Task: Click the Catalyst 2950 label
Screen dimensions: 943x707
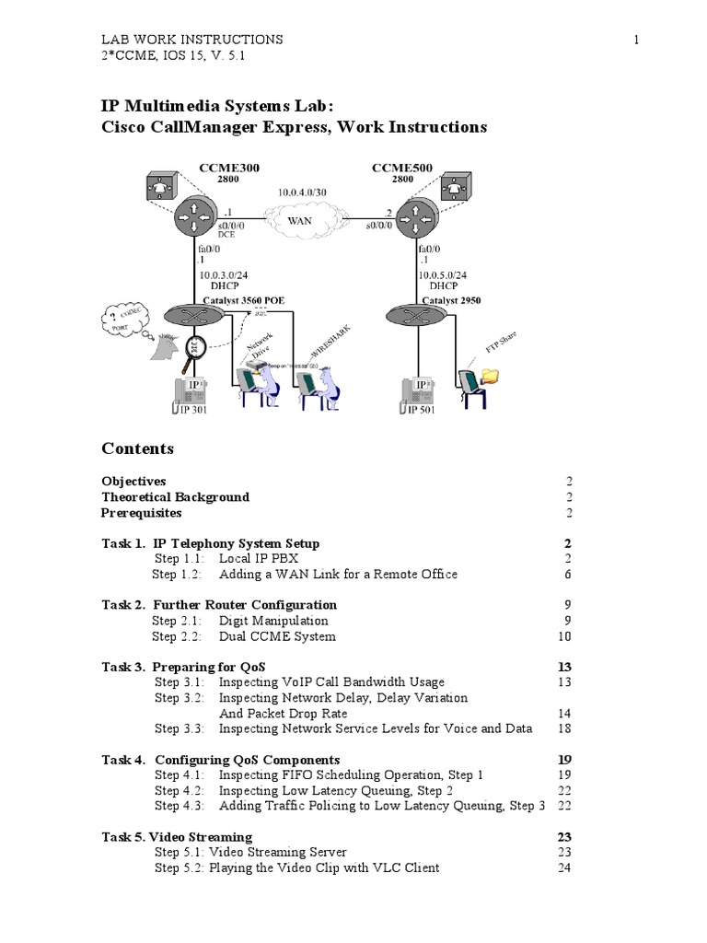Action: click(451, 300)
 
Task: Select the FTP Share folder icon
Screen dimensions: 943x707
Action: click(493, 375)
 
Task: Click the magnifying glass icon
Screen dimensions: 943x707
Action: click(194, 349)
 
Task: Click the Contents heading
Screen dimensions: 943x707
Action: click(137, 448)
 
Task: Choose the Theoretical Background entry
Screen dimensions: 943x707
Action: click(175, 496)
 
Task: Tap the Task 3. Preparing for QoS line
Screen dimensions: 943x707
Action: click(188, 666)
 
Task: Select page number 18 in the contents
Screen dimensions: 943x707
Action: click(564, 728)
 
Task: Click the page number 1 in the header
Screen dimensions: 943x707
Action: click(636, 40)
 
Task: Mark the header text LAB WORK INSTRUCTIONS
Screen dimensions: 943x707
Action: click(191, 40)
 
